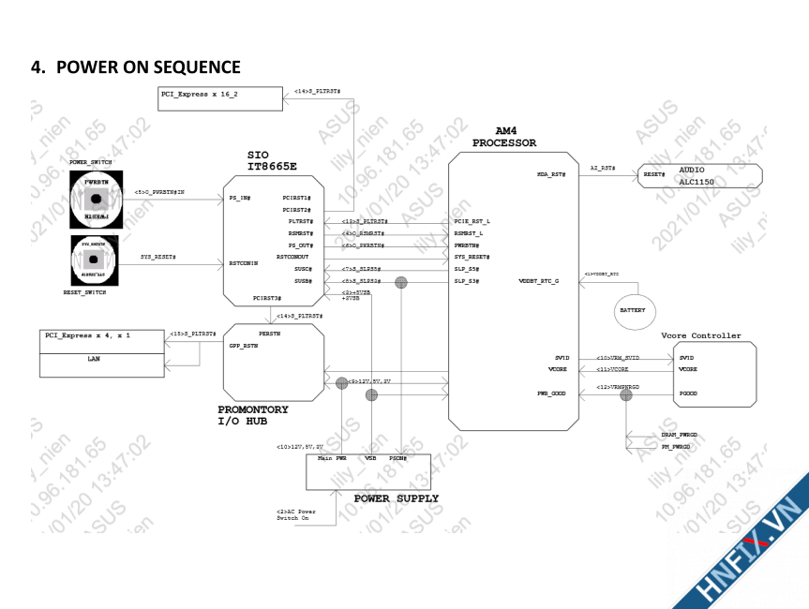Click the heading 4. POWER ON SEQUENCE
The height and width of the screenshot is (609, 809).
[x=137, y=67]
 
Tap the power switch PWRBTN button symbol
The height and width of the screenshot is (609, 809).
[x=96, y=198]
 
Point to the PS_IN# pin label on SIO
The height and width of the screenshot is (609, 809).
[x=240, y=198]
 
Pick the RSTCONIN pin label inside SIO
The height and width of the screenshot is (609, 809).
[x=244, y=263]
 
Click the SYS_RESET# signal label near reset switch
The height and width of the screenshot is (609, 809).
[x=158, y=256]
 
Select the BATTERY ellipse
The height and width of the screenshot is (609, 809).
[x=633, y=310]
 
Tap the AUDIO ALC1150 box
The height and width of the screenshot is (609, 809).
[x=700, y=176]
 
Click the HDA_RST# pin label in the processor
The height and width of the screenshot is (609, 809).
[x=551, y=175]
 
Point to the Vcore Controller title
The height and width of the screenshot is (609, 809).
[x=701, y=335]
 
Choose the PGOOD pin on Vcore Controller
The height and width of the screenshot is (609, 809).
[x=687, y=394]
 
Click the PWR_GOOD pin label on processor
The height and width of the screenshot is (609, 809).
[x=551, y=394]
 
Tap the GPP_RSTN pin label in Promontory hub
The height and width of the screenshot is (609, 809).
[x=243, y=346]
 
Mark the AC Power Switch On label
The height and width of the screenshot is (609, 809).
[x=296, y=514]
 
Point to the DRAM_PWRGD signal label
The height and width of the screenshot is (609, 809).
[x=679, y=435]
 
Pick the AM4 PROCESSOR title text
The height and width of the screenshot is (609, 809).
[x=504, y=137]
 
